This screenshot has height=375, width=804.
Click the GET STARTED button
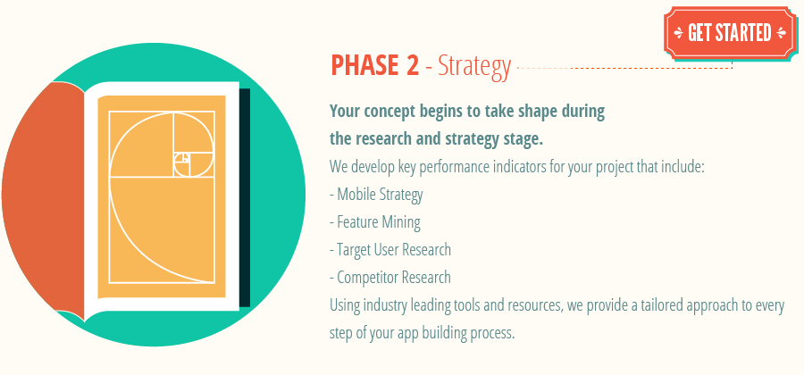728,33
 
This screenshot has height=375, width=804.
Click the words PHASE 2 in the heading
375,65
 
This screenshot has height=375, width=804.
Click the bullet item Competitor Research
390,278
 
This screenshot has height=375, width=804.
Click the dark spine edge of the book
245,196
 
